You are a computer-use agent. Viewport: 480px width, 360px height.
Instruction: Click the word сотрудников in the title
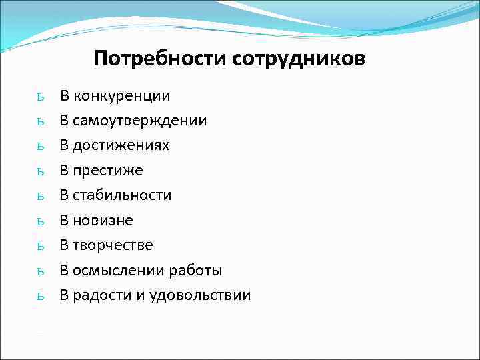299,59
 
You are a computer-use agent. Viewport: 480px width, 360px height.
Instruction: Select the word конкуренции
122,96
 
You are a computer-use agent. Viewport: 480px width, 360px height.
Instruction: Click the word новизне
103,221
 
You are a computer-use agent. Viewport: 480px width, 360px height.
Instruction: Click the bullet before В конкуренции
41,97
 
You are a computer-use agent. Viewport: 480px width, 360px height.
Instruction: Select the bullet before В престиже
41,172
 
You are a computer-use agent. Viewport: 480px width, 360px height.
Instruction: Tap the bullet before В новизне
41,222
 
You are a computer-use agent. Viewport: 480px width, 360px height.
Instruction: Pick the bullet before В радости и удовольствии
41,297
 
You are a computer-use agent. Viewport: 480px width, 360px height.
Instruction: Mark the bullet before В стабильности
41,197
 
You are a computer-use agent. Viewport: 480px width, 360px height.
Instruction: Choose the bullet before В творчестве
41,247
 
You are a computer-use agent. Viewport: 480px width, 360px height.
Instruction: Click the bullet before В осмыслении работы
41,272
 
